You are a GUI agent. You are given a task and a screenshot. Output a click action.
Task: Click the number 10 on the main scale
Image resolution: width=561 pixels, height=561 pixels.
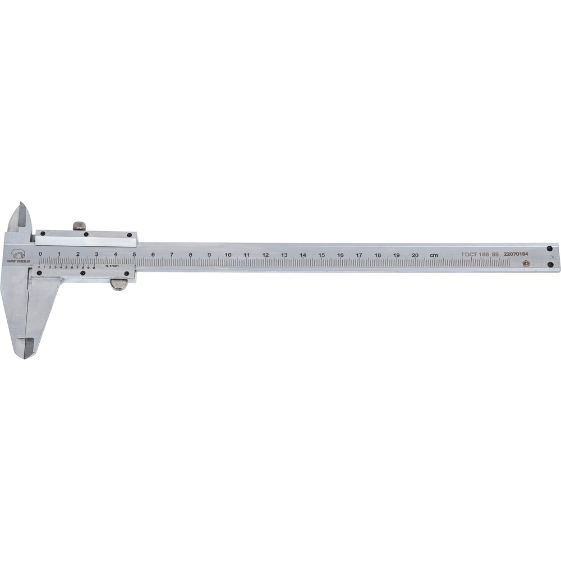coord(228,255)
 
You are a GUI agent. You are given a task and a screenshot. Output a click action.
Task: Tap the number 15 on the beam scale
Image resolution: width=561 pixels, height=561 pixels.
coord(321,255)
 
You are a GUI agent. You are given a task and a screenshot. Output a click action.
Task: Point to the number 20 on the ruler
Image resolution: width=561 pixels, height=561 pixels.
coord(415,255)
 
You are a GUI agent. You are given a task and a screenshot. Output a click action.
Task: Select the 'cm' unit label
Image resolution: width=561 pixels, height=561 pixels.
coord(434,255)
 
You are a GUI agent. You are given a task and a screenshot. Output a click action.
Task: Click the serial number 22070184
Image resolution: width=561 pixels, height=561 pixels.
coord(516,254)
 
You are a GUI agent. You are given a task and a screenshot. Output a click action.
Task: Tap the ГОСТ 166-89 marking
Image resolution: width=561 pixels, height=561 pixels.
coord(480,255)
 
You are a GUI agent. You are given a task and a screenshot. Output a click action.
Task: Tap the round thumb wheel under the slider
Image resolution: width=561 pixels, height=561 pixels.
coord(118,284)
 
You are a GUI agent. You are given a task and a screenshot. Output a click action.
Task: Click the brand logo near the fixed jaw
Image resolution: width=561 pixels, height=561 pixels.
coord(18,256)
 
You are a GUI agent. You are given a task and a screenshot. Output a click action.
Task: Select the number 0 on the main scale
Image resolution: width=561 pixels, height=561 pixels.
coord(40,254)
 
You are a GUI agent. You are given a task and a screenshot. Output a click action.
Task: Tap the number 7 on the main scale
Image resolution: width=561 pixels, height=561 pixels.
coord(172,255)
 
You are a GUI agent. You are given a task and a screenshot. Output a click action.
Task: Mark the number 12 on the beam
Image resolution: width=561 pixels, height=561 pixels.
coord(265,255)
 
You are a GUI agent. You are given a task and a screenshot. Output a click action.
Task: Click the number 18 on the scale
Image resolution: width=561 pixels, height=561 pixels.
coord(378,255)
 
